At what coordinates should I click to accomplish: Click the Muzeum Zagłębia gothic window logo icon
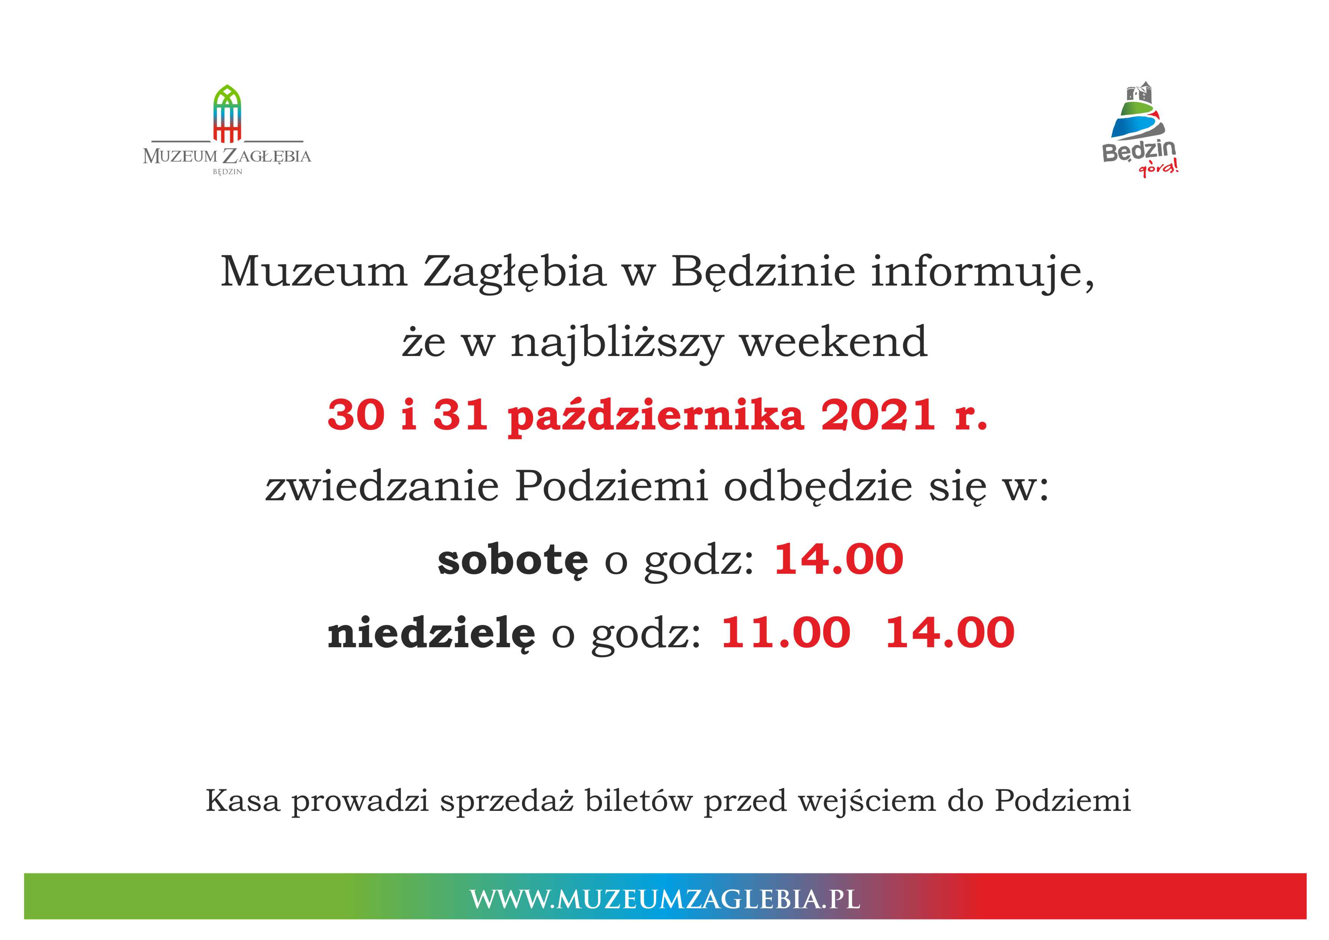tap(227, 114)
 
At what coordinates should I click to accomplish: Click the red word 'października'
tap(656, 416)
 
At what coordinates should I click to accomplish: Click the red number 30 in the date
tap(355, 415)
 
